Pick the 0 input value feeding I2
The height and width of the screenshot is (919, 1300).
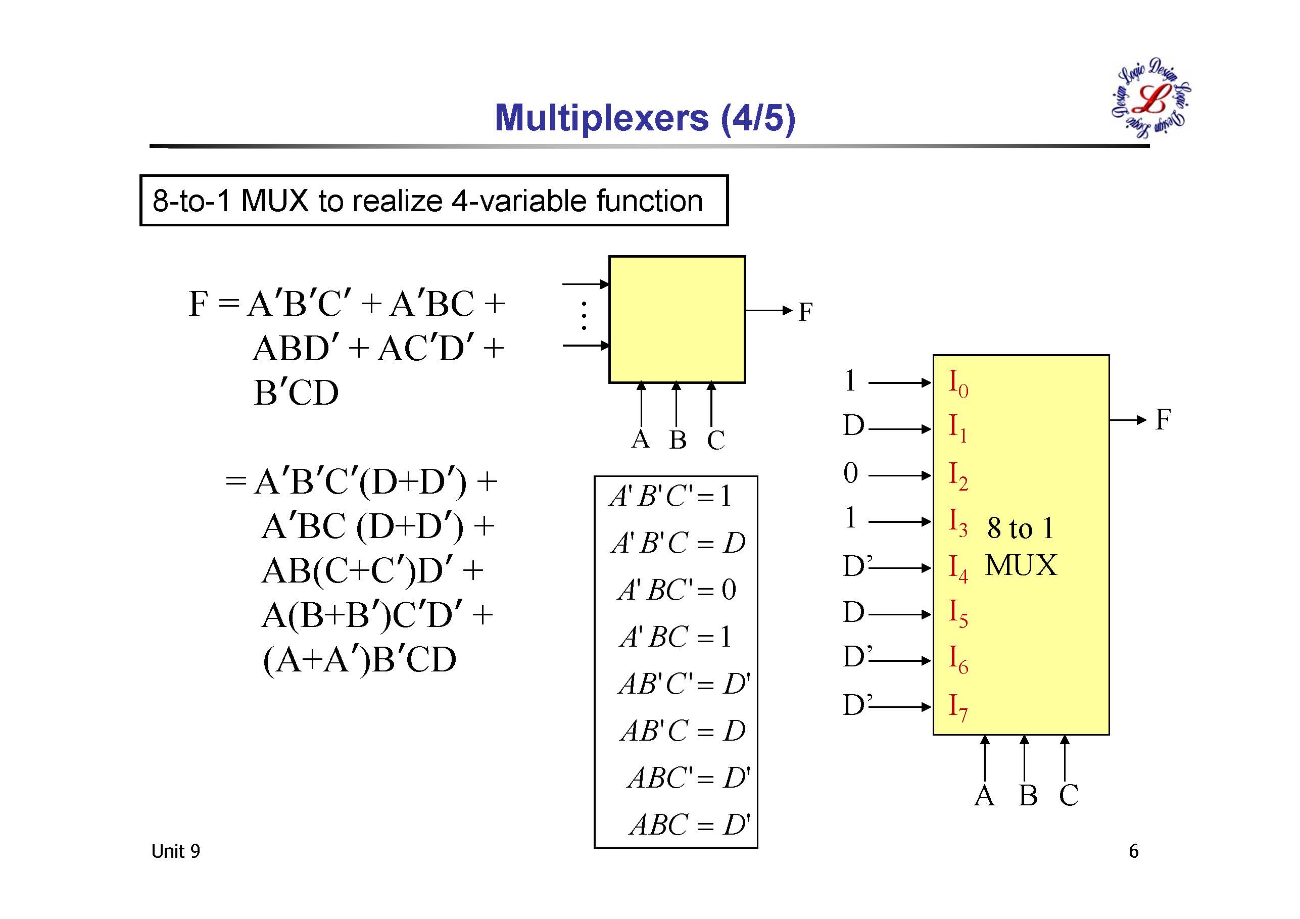pos(850,473)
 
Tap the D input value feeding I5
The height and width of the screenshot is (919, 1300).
pos(853,613)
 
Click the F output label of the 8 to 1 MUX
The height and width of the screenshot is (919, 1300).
pos(1163,419)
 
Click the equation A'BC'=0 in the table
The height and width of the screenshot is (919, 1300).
pos(677,590)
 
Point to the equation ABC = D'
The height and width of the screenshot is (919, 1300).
pos(689,825)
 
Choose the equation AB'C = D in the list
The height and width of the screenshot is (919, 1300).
pos(683,731)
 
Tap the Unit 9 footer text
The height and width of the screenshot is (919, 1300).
pos(175,851)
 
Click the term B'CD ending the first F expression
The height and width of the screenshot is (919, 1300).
pos(296,393)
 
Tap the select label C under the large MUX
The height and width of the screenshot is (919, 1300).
pos(1069,796)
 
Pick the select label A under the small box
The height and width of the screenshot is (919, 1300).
pos(640,440)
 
